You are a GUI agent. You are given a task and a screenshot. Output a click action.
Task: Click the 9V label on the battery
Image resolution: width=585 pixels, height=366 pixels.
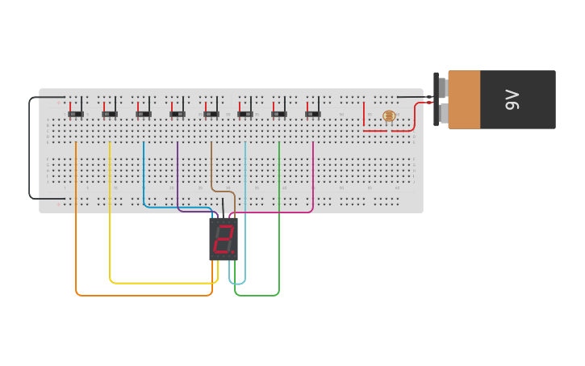(x=513, y=100)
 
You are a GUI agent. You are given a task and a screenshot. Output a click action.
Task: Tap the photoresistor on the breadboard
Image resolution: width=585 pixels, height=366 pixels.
(x=389, y=116)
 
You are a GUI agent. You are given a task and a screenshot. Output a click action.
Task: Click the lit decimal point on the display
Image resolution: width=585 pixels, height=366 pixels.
(x=234, y=252)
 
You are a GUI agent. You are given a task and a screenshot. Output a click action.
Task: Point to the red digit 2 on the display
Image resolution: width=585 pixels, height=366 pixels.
(x=223, y=239)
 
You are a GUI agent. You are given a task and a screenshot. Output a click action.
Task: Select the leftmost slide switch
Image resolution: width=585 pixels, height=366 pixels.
(x=76, y=114)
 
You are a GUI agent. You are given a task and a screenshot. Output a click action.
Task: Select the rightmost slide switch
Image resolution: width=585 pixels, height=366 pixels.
(x=313, y=114)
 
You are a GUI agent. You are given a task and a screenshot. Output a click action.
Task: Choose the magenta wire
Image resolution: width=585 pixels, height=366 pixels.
(x=313, y=178)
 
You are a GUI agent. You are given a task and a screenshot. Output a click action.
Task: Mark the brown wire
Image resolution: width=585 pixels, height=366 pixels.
(x=211, y=166)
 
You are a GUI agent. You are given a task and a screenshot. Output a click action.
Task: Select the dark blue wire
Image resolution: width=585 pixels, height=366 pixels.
(x=144, y=174)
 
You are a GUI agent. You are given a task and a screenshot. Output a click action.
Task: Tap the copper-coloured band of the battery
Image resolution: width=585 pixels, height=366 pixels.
(x=464, y=99)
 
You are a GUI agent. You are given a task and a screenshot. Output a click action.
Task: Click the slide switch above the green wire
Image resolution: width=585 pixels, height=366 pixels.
(x=279, y=114)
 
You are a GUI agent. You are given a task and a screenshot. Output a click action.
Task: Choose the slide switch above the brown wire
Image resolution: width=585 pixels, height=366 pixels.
(x=211, y=114)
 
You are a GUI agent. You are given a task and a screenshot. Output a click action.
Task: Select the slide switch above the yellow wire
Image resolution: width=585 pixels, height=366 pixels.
(x=110, y=114)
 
